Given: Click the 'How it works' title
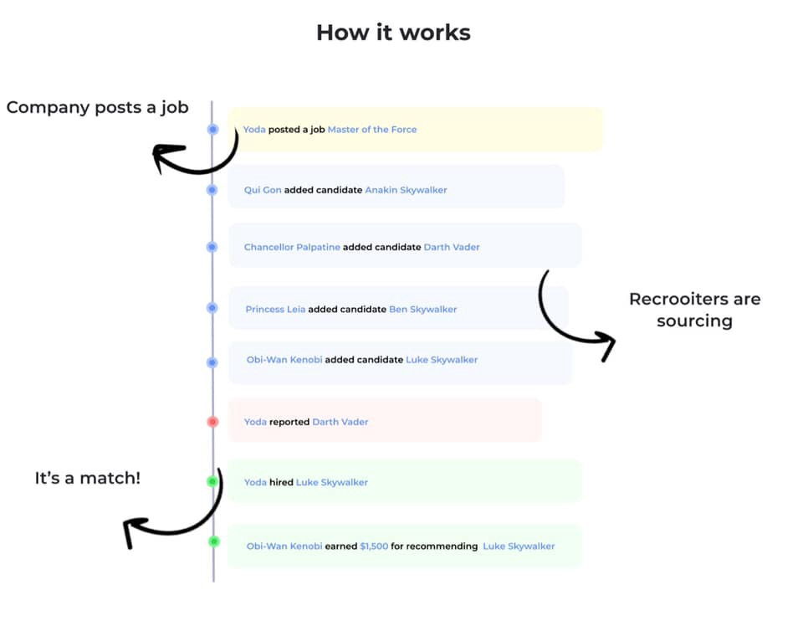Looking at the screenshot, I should pyautogui.click(x=393, y=33).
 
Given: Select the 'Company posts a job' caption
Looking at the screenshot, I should pyautogui.click(x=97, y=107).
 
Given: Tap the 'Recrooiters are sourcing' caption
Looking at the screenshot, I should pyautogui.click(x=694, y=310).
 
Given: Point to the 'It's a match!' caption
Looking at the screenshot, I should pyautogui.click(x=88, y=478).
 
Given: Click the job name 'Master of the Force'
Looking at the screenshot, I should pyautogui.click(x=371, y=130).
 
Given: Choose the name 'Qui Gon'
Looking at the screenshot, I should pyautogui.click(x=263, y=190).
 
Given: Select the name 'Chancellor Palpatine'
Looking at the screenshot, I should pyautogui.click(x=292, y=247).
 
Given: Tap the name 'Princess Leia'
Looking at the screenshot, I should pyautogui.click(x=275, y=309).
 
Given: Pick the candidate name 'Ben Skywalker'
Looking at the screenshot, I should pyautogui.click(x=422, y=309).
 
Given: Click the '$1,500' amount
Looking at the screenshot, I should pyautogui.click(x=374, y=546).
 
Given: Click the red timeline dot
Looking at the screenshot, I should pyautogui.click(x=212, y=422).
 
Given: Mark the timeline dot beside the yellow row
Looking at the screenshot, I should pyautogui.click(x=212, y=130).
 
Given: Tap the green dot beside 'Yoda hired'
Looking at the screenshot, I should pyautogui.click(x=212, y=482).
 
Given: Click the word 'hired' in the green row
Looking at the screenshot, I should pyautogui.click(x=281, y=482).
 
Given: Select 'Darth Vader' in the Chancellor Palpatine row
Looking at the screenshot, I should pyautogui.click(x=452, y=247).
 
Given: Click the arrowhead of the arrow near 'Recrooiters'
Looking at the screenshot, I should pyautogui.click(x=606, y=345).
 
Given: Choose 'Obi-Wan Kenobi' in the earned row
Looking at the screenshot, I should pyautogui.click(x=284, y=546).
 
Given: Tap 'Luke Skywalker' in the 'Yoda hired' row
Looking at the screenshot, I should pyautogui.click(x=331, y=482).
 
